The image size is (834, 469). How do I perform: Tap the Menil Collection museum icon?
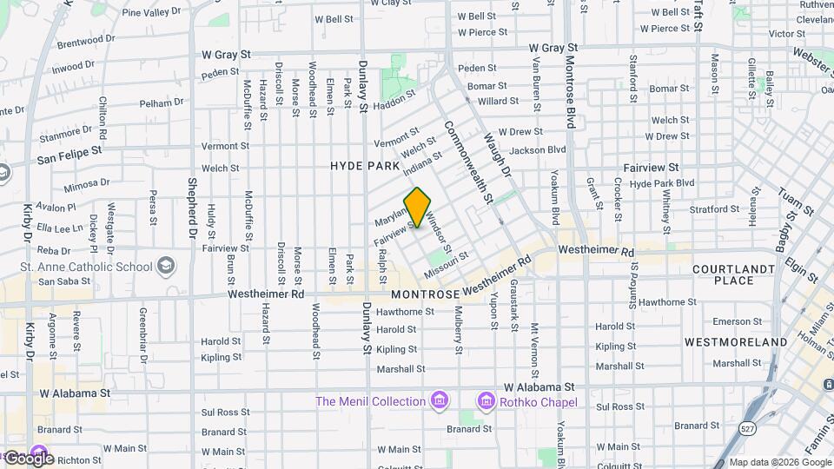point(440,400)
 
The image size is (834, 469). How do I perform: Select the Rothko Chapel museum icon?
point(486,401)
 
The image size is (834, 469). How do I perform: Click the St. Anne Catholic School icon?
point(166,266)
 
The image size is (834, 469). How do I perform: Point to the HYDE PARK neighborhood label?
point(365,166)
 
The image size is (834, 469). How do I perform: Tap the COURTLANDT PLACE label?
point(733,275)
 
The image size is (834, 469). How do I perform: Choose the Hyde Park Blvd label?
point(662,183)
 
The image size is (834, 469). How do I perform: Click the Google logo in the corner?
point(28,458)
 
